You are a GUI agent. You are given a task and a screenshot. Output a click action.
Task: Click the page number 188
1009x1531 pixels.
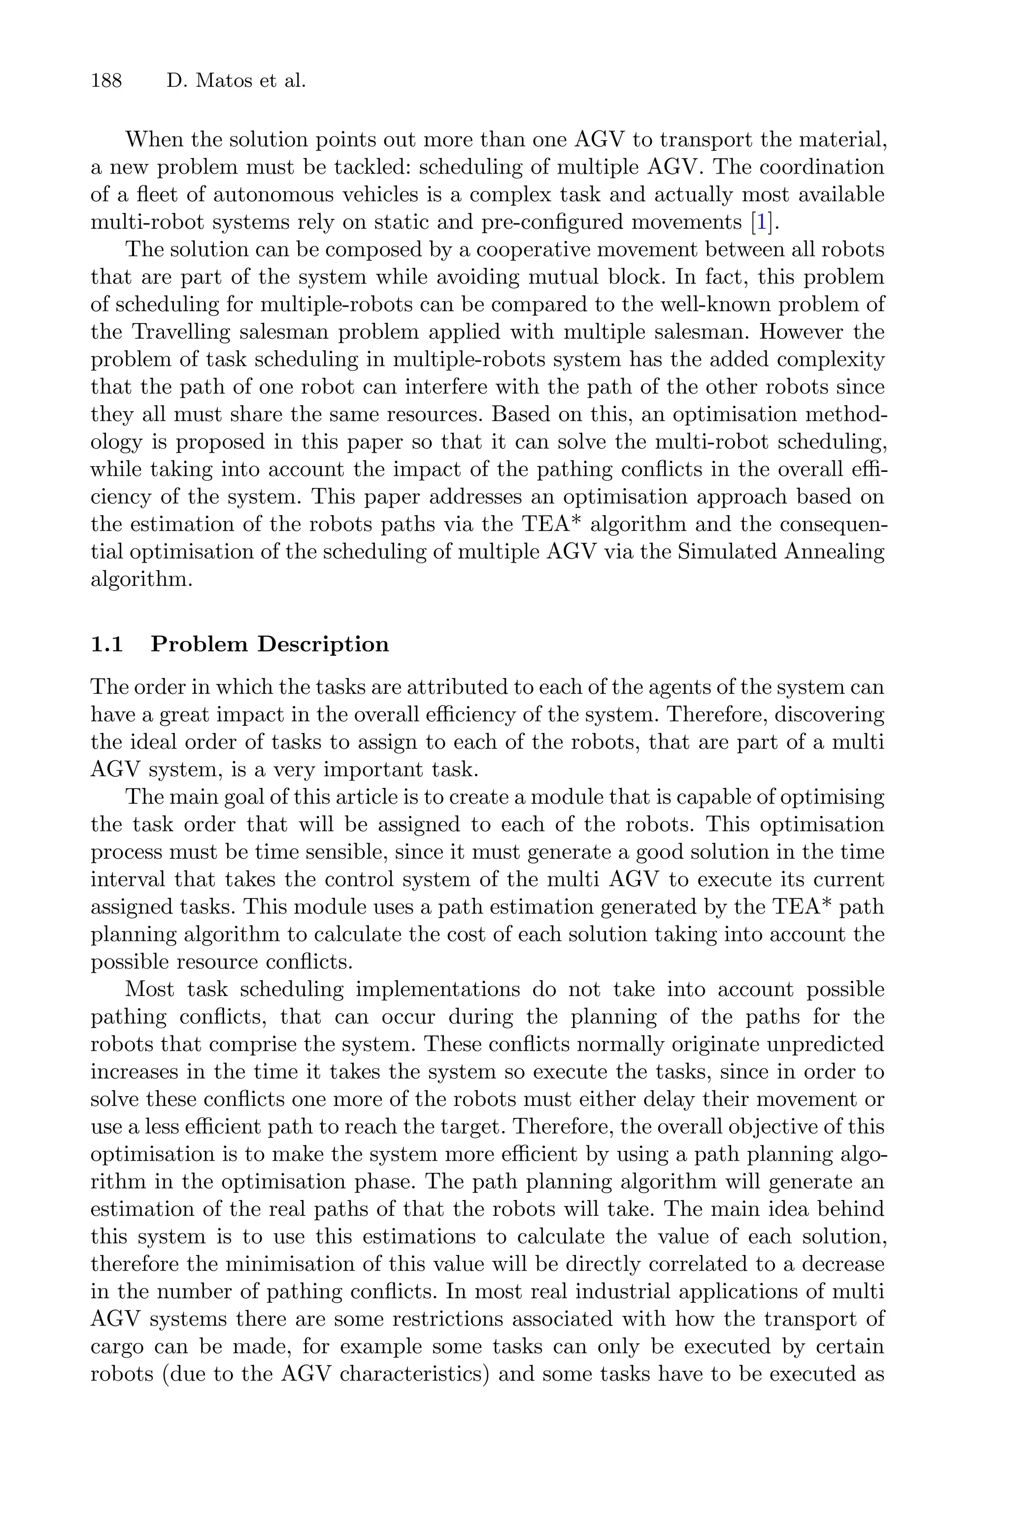[x=106, y=81]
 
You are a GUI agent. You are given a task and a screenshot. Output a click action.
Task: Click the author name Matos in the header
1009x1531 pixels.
[x=221, y=81]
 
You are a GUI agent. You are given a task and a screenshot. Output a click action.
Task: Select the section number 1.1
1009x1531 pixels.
[x=107, y=644]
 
